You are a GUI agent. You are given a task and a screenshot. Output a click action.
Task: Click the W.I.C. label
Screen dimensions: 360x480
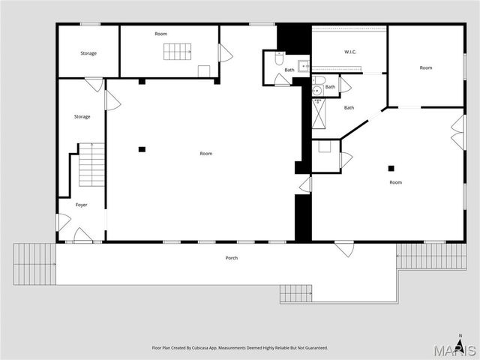(x=349, y=52)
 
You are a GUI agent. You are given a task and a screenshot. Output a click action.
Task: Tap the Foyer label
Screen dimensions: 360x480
(x=81, y=205)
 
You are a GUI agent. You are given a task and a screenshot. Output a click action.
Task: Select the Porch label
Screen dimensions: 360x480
(x=232, y=258)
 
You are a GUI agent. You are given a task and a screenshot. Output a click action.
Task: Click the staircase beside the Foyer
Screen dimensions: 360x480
(x=91, y=165)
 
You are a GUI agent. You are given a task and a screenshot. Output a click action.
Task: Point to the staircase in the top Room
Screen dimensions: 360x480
(x=178, y=51)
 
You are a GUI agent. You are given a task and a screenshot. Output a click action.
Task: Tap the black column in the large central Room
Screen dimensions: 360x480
(x=142, y=149)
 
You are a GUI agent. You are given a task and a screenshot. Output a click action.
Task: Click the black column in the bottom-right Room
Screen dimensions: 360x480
(x=391, y=168)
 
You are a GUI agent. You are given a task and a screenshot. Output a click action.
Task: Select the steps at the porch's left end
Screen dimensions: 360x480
(x=34, y=263)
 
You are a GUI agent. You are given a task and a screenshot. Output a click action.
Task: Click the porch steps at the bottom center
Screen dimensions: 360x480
(x=295, y=293)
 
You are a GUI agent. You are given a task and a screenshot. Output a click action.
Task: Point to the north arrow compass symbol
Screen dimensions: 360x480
(x=460, y=338)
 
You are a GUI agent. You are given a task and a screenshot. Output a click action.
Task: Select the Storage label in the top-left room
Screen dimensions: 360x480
(x=89, y=53)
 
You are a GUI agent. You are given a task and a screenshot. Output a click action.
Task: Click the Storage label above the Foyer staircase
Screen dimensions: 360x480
(x=82, y=116)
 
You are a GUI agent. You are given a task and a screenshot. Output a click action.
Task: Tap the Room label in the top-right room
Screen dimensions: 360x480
(x=426, y=68)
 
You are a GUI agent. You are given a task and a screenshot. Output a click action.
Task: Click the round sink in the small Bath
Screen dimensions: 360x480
(x=317, y=91)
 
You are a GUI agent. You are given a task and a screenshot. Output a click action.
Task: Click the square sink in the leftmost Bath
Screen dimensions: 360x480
(x=304, y=66)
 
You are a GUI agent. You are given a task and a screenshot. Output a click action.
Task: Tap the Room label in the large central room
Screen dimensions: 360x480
(x=205, y=154)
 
